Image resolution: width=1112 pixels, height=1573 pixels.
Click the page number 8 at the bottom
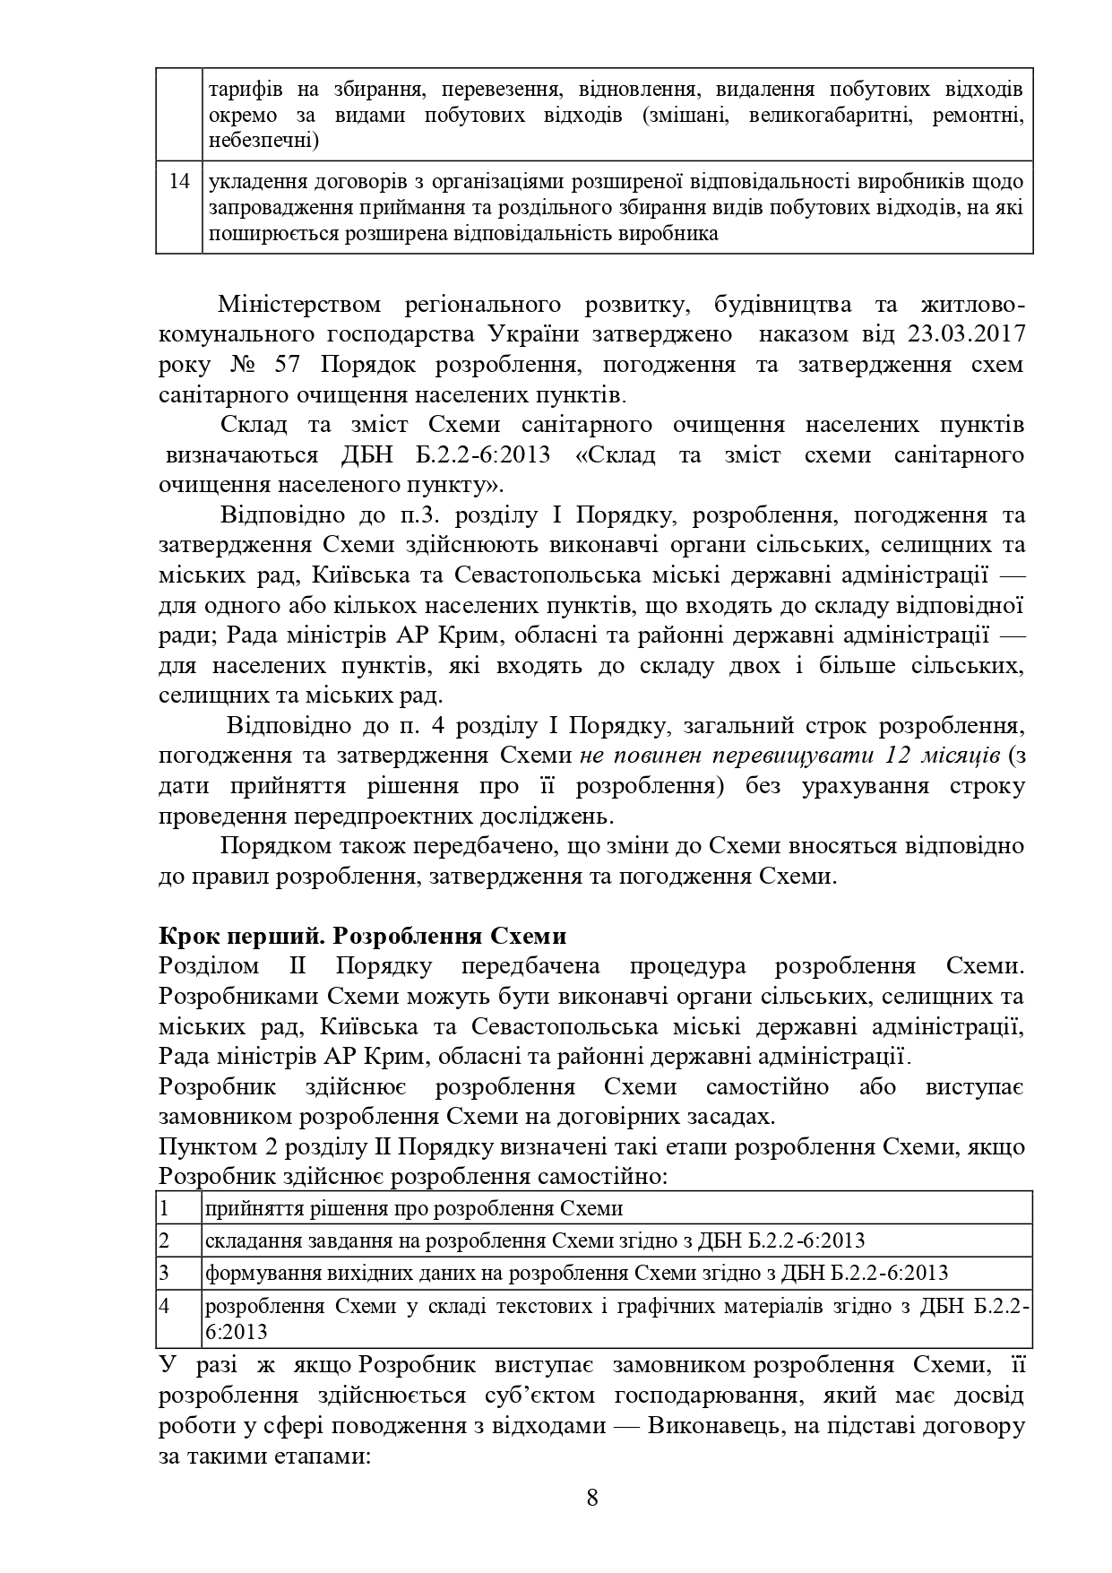(591, 1497)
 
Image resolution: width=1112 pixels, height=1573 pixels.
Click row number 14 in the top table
(179, 181)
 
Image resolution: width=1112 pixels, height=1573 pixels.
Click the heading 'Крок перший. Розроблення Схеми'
(363, 936)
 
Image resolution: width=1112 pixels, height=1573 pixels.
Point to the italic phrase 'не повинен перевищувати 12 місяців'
(789, 755)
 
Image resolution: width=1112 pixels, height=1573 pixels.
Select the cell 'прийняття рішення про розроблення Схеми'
(414, 1208)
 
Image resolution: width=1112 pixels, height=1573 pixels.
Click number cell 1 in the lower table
(166, 1208)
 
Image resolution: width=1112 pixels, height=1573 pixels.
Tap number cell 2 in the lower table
(166, 1240)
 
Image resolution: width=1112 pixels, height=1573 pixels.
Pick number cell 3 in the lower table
(166, 1273)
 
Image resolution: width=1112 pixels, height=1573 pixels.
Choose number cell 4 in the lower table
(166, 1306)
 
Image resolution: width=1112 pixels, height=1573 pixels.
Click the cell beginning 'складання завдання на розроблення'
(535, 1240)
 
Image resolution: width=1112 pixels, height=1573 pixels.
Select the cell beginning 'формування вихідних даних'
(577, 1273)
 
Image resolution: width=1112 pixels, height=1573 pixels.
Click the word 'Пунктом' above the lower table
(202, 1147)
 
